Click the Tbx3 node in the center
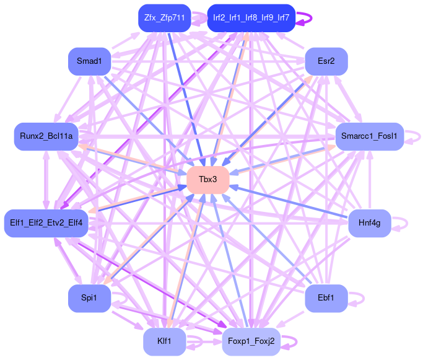tap(208, 180)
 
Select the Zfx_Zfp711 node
tap(165, 18)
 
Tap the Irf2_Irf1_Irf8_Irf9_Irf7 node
tap(251, 18)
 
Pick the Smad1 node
tap(89, 61)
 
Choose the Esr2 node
tap(326, 61)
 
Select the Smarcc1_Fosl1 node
tap(370, 136)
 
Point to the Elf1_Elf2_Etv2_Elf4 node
tap(46, 222)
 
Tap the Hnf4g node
tap(370, 222)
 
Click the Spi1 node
tap(89, 298)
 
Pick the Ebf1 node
tap(326, 298)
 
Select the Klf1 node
tap(165, 341)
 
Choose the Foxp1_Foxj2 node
tap(251, 341)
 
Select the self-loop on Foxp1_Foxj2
tap(297, 341)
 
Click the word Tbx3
tap(208, 180)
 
